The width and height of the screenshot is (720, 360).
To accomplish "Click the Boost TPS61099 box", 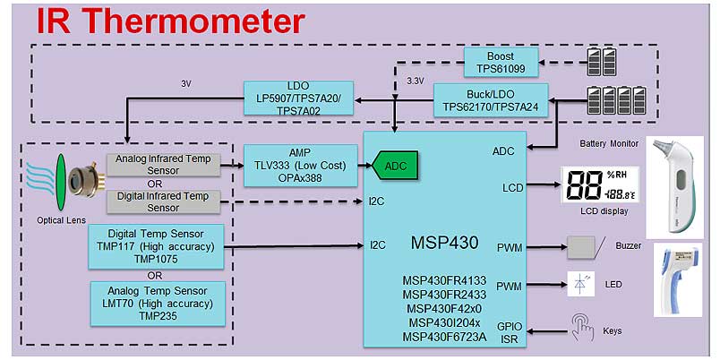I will (501, 61).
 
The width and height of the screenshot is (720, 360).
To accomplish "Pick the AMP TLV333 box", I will (299, 166).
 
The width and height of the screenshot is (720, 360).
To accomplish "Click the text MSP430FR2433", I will (443, 295).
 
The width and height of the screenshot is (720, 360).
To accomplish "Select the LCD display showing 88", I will (597, 187).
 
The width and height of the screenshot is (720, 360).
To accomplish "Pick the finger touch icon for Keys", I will (583, 329).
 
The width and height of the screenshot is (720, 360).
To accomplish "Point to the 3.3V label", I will (415, 81).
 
